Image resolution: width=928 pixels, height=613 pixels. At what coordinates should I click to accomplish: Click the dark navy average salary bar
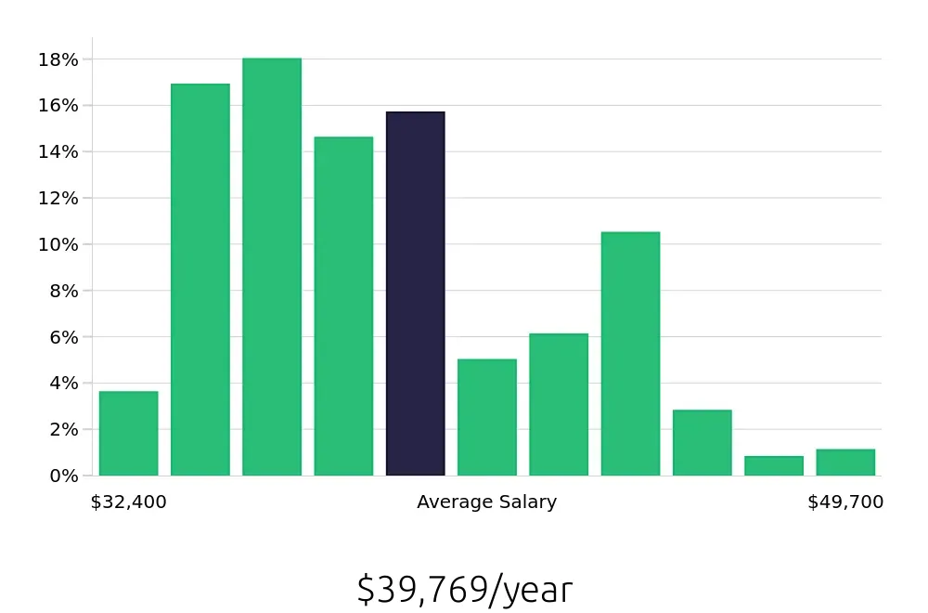[416, 293]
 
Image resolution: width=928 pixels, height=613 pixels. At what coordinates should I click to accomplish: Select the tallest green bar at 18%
[272, 267]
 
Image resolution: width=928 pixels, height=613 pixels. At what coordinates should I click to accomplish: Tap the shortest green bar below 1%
[774, 466]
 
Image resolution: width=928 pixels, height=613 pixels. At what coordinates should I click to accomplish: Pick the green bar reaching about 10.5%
[630, 354]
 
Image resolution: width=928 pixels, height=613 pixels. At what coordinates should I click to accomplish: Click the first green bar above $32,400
[128, 434]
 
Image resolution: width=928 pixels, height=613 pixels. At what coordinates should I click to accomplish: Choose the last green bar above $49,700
[845, 463]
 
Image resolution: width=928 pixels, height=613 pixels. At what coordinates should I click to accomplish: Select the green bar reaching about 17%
[200, 280]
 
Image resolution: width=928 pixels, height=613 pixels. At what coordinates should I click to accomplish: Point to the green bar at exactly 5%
[487, 417]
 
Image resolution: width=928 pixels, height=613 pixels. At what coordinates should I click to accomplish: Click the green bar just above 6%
[559, 405]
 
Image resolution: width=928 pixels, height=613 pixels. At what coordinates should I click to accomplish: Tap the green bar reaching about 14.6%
[343, 306]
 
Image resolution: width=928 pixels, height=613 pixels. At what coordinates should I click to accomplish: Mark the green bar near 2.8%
[702, 443]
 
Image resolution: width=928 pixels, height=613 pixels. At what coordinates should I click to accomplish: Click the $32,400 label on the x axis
[128, 502]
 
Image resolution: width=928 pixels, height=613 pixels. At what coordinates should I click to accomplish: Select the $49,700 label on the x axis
[845, 502]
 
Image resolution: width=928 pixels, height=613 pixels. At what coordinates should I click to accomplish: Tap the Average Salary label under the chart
[486, 502]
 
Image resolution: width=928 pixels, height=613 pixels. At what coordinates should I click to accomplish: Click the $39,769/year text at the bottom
[464, 590]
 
